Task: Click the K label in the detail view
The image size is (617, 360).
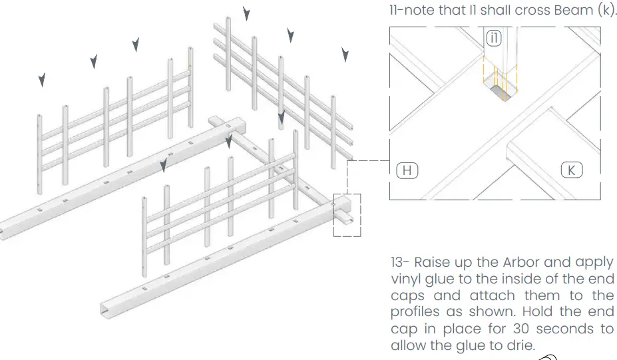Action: click(570, 170)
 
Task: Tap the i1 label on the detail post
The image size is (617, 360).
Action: click(493, 39)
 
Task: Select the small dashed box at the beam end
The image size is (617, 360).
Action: click(347, 215)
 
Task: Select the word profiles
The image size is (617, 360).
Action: click(413, 313)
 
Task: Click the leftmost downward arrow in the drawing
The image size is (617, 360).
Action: click(42, 80)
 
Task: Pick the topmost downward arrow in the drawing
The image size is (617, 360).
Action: click(246, 13)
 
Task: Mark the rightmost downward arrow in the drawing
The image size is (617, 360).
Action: click(345, 55)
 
